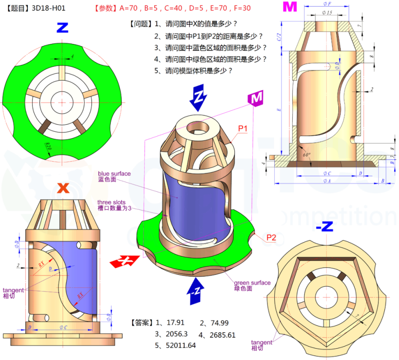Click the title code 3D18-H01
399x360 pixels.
pyautogui.click(x=49, y=8)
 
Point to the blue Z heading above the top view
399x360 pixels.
pyautogui.click(x=62, y=28)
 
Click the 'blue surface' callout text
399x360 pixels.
pyautogui.click(x=114, y=173)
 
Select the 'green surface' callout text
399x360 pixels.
pyautogui.click(x=252, y=283)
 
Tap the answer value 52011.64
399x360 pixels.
pyautogui.click(x=180, y=346)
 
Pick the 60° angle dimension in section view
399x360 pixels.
pyautogui.click(x=306, y=155)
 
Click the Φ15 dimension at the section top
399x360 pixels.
pyautogui.click(x=326, y=13)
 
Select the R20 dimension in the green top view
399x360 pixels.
pyautogui.click(x=49, y=146)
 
